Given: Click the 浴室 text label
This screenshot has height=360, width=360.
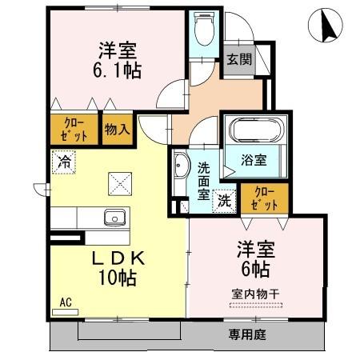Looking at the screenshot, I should [257, 159].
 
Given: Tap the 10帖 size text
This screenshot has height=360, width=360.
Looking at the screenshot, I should [116, 279].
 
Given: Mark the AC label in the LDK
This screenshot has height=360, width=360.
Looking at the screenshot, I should [66, 303].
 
